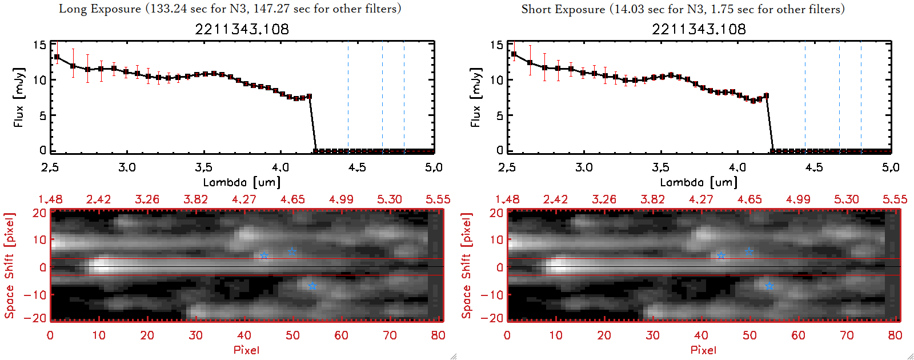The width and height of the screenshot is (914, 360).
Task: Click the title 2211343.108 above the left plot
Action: coord(242,29)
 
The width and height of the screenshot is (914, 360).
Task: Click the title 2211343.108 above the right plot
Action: coord(699,29)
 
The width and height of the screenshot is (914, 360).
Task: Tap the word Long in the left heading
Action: coord(73,9)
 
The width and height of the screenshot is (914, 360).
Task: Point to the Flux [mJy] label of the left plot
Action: coord(19,97)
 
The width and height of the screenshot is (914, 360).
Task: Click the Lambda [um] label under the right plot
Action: coord(699,182)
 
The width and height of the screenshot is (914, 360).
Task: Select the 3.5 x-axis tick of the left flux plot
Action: coord(203,167)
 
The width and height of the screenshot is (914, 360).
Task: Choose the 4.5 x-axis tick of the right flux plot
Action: coord(814,167)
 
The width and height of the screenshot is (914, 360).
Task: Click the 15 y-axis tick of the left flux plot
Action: coord(39,45)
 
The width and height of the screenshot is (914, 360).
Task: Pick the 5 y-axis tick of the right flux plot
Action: coord(500,115)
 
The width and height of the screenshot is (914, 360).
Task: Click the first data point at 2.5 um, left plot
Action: coord(57,57)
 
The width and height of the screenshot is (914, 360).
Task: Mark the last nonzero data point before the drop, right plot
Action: coord(766,96)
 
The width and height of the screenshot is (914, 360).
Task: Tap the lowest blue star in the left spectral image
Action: coord(312,286)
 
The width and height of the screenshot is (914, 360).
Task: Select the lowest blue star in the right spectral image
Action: coord(769,286)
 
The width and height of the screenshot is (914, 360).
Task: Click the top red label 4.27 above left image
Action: coord(244,199)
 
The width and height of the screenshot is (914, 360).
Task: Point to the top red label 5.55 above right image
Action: coord(895,199)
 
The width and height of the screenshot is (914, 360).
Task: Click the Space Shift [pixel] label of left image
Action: coord(9,266)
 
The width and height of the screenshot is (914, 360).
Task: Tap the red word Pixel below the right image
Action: coord(703,350)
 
